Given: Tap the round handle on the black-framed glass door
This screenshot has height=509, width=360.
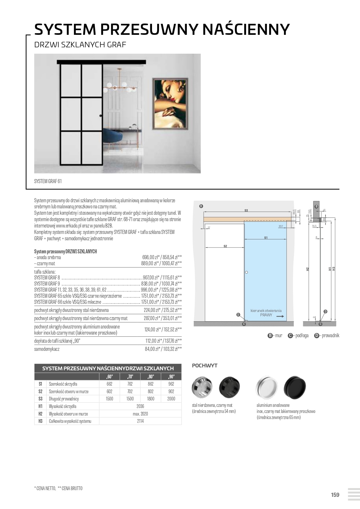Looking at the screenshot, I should click(101, 116).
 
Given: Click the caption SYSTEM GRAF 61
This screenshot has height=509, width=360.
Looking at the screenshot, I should click(48, 181).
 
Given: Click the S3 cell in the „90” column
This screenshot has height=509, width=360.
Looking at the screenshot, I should click(171, 399).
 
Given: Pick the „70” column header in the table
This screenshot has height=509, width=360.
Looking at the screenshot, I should click(130, 377).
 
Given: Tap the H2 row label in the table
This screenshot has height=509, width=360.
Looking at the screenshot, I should click(40, 414).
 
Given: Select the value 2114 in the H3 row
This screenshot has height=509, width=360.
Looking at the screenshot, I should click(140, 421).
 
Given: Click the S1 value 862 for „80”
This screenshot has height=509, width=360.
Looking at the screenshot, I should click(151, 384).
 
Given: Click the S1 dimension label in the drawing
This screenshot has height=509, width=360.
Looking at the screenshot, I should click(266, 238).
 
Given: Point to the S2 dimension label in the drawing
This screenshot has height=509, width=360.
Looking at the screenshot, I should click(225, 246).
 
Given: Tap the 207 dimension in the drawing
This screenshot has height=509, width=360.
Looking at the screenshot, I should click(280, 226).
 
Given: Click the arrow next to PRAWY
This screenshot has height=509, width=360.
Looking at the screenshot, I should click(280, 317).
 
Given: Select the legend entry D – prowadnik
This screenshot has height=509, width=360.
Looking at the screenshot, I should click(327, 336).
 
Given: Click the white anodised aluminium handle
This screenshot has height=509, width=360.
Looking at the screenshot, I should click(266, 387).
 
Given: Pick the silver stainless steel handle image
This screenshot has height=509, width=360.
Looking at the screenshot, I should click(202, 387).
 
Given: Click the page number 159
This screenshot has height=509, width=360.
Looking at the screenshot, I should click(335, 495).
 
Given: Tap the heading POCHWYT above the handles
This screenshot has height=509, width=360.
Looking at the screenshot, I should click(205, 366).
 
